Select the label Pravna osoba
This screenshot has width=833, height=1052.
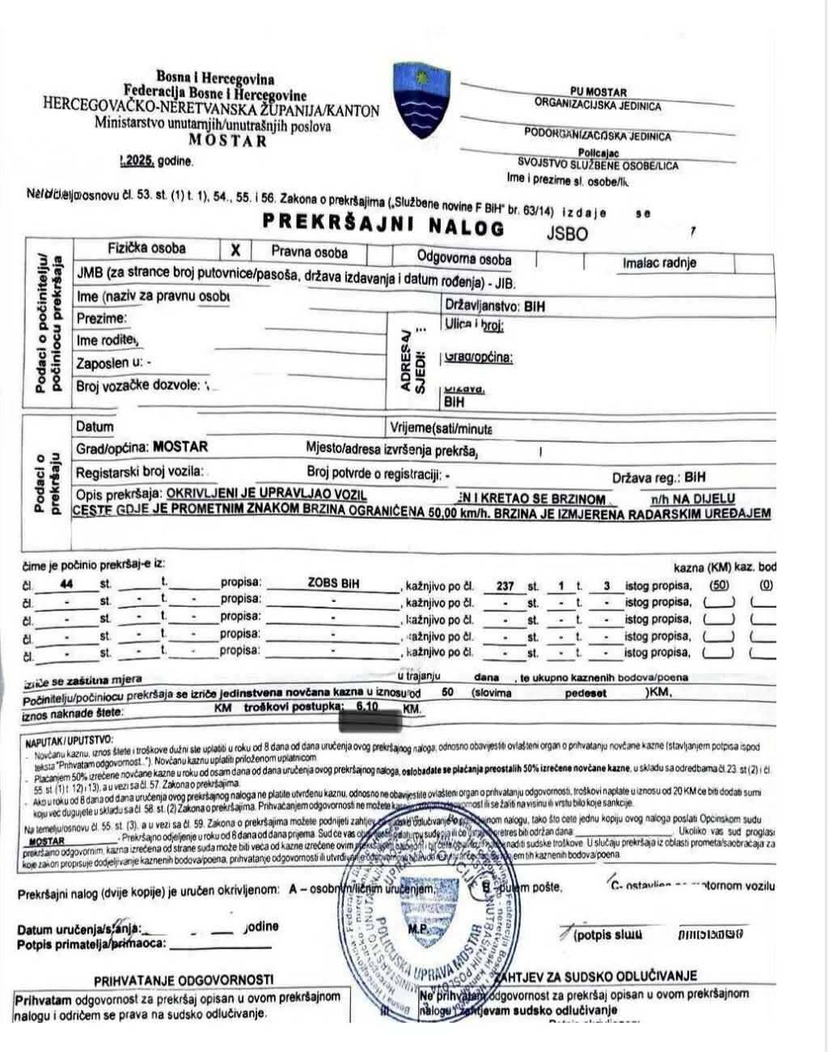tap(310, 252)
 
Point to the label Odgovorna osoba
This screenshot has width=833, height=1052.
tap(463, 259)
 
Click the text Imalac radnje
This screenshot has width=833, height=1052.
tap(659, 262)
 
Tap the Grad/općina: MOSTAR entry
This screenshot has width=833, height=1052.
tap(142, 447)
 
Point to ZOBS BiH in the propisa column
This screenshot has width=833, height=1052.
tap(333, 583)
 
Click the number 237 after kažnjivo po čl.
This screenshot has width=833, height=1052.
tap(505, 586)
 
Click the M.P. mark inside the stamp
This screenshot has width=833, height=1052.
tap(418, 930)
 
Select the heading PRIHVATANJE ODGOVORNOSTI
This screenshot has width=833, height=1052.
tap(184, 980)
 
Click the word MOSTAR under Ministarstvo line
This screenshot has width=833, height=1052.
tap(227, 139)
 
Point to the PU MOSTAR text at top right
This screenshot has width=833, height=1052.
tap(598, 92)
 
